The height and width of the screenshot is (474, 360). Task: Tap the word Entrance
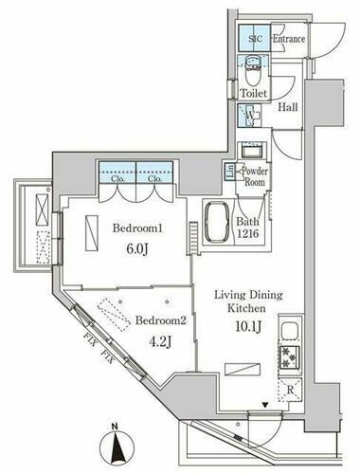pos(288,39)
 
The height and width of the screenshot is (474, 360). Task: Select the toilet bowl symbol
pos(252,67)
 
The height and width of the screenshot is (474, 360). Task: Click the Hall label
pos(288,107)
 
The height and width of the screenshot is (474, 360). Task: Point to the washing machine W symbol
pos(251,118)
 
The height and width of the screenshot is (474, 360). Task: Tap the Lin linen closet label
pos(229,172)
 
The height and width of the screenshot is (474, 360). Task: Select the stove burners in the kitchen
pos(287,358)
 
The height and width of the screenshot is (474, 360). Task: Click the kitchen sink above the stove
pos(288,333)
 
